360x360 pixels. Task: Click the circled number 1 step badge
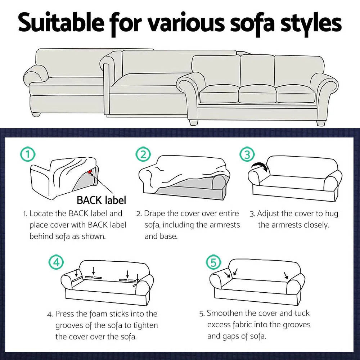tap(28, 155)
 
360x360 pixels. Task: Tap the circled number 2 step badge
tap(143, 155)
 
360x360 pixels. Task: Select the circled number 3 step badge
tap(247, 155)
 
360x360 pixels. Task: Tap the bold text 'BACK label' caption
tap(101, 200)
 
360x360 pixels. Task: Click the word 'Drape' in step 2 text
tap(154, 213)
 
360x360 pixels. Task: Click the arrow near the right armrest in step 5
tap(286, 275)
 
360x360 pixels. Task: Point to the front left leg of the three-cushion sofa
tap(193, 122)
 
